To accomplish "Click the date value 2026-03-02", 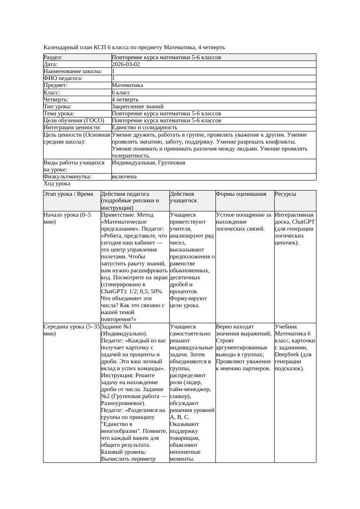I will [x=126, y=64].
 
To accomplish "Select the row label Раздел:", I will [x=53, y=57].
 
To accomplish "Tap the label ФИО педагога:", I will [x=63, y=78].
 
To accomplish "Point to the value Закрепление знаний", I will [x=138, y=106].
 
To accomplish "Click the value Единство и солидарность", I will [x=144, y=127].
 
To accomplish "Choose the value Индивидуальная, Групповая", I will [x=148, y=163].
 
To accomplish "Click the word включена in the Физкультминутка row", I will [x=124, y=177].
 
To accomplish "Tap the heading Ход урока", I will [x=57, y=184].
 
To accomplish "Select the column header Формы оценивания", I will [x=241, y=194].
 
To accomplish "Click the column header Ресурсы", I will [x=285, y=194].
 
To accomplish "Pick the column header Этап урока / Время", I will [x=68, y=194].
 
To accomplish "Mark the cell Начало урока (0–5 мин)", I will [x=67, y=218].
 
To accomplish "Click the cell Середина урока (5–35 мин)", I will [x=72, y=330].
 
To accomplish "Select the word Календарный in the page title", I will [x=60, y=47].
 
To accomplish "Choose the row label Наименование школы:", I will [x=73, y=71].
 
